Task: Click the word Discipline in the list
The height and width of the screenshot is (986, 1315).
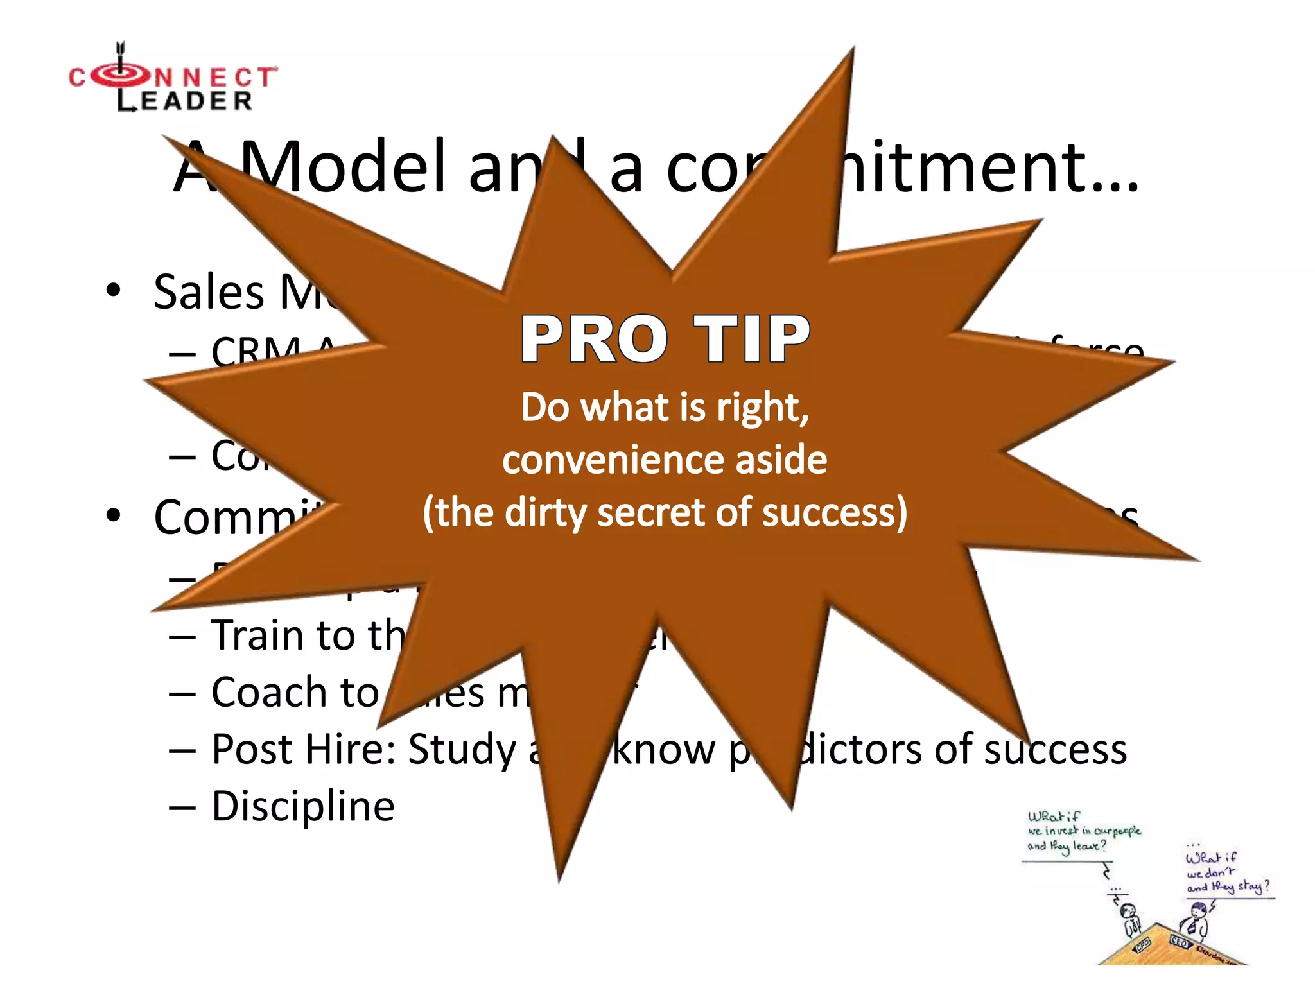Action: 303,806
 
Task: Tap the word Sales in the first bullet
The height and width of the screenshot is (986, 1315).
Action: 209,292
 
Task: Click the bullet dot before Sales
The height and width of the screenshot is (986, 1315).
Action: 114,290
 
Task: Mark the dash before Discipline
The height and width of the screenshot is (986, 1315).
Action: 182,808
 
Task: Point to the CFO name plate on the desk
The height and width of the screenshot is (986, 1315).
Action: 1142,944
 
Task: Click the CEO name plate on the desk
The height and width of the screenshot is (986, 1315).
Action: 1180,941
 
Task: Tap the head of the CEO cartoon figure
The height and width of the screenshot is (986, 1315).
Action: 1197,910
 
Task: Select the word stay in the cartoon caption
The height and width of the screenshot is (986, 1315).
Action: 1250,887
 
